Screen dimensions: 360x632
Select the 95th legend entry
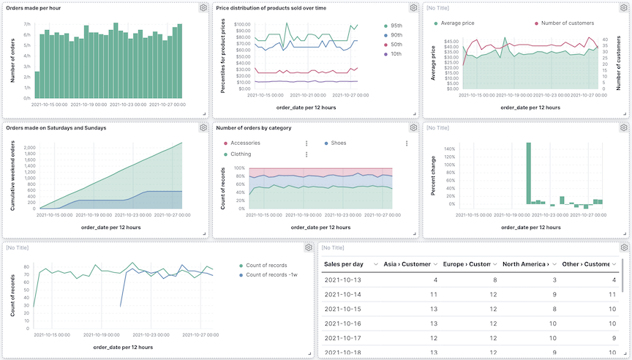(x=396, y=26)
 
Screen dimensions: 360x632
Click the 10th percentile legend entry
(x=396, y=54)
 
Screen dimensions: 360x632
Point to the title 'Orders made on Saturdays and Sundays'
(x=56, y=127)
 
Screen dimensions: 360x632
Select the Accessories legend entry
(x=245, y=143)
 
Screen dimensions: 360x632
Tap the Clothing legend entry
(x=240, y=154)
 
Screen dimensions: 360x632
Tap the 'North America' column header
(x=524, y=263)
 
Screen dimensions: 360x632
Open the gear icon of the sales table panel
(x=624, y=248)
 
